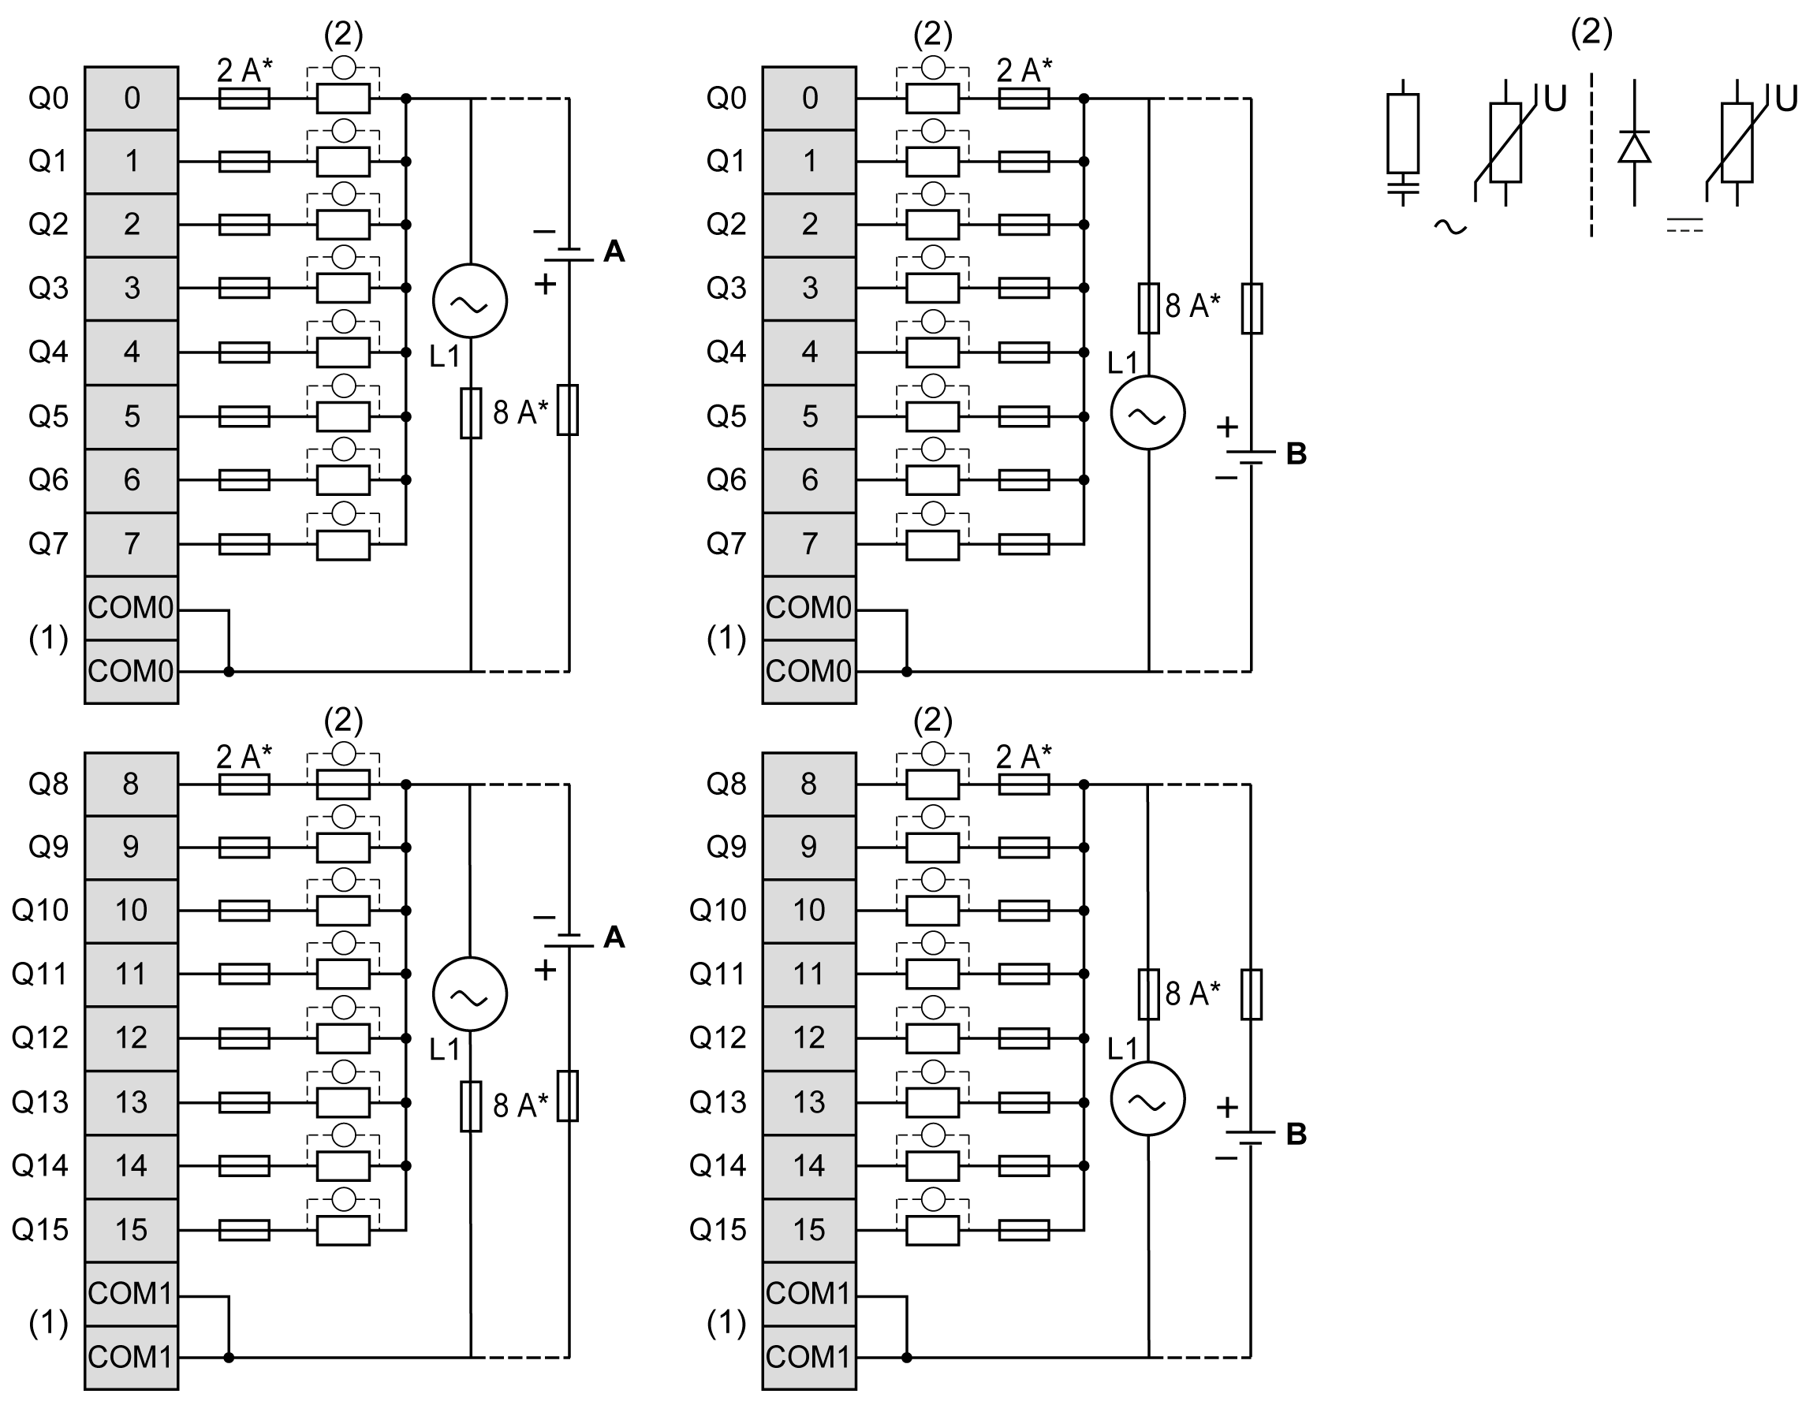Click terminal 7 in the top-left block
point(132,544)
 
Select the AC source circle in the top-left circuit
point(470,301)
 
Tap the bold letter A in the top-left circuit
point(614,252)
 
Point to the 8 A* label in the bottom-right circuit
point(1192,993)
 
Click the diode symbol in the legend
point(1634,148)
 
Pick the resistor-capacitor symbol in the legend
point(1403,141)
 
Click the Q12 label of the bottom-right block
point(717,1038)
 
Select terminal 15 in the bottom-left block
point(132,1229)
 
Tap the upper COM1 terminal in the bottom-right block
point(808,1294)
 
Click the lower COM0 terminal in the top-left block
point(132,671)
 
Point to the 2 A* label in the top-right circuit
point(1024,71)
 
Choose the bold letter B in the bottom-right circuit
point(1297,1134)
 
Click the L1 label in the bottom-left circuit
point(444,1049)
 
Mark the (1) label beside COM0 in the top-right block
point(726,638)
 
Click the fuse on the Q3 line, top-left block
point(244,288)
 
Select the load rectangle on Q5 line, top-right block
point(932,417)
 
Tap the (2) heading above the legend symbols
point(1591,32)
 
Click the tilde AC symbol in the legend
point(1450,226)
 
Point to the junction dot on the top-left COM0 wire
point(229,671)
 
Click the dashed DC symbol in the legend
point(1685,225)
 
